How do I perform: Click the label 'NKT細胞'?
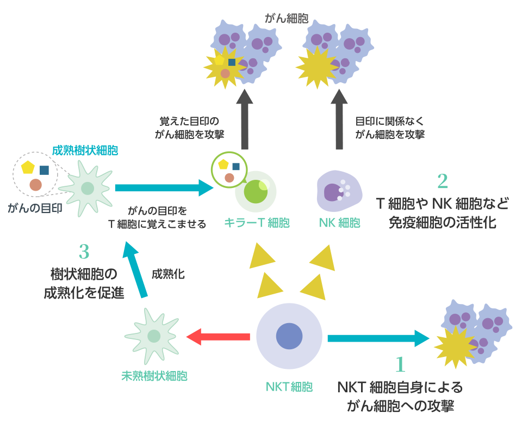(x=289, y=387)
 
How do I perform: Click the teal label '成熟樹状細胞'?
(x=85, y=150)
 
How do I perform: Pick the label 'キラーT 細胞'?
(x=257, y=223)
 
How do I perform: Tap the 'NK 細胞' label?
(x=340, y=223)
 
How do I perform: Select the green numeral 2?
(x=442, y=180)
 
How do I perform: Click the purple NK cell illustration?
(x=339, y=190)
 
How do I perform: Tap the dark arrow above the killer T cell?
(x=247, y=120)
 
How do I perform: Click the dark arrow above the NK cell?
(x=339, y=120)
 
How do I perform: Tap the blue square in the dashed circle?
(x=44, y=170)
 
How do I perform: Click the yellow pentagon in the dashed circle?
(x=28, y=167)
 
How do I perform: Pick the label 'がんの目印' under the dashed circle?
(x=35, y=208)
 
